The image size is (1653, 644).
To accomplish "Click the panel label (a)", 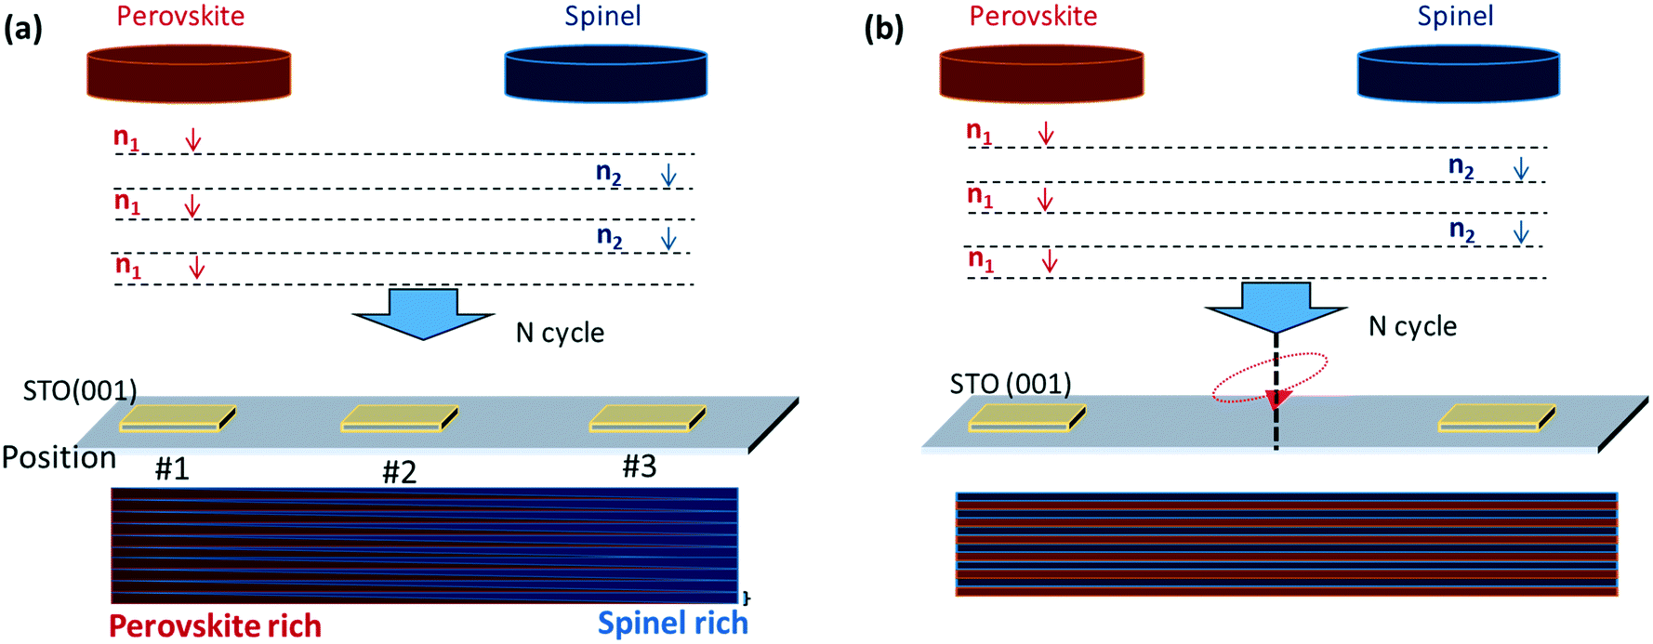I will [23, 30].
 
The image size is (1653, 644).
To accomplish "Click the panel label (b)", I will [883, 30].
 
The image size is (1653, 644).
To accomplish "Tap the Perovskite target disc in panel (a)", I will [189, 74].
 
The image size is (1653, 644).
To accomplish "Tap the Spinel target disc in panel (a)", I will [605, 74].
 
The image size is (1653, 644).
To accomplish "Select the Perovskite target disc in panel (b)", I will [1041, 73].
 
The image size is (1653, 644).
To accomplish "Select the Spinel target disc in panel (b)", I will [1458, 73].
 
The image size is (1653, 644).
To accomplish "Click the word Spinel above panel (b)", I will [1455, 16].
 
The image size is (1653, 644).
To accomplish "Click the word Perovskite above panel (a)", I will [180, 16].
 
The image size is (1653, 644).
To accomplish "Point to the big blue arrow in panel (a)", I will [423, 314].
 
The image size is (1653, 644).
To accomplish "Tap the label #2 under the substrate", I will [399, 472].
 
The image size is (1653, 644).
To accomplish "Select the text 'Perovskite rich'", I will [215, 625].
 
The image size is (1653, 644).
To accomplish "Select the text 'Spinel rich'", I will [672, 623].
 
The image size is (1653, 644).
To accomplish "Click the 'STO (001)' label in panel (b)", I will [1010, 384].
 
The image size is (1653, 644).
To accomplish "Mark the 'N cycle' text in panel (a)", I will [560, 333].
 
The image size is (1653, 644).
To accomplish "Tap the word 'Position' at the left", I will [59, 457].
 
